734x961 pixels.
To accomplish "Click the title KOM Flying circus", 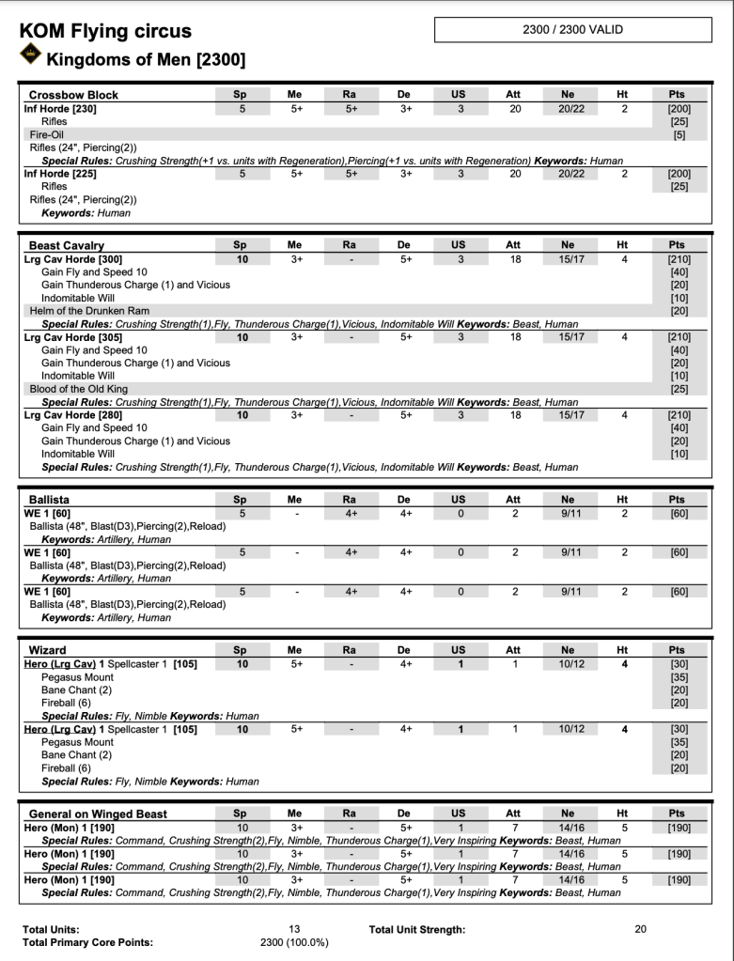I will (x=105, y=31).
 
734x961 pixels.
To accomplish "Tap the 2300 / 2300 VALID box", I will (x=572, y=30).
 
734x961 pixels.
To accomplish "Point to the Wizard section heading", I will (x=48, y=649).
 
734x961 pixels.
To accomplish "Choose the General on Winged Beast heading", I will (x=98, y=814).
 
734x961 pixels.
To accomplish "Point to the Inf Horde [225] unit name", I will (x=60, y=173).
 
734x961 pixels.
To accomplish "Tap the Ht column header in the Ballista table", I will (x=621, y=500).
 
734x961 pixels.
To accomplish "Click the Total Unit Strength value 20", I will (x=641, y=929).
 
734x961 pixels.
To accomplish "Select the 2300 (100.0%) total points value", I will (x=294, y=942).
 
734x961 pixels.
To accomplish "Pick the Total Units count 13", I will (x=294, y=929).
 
